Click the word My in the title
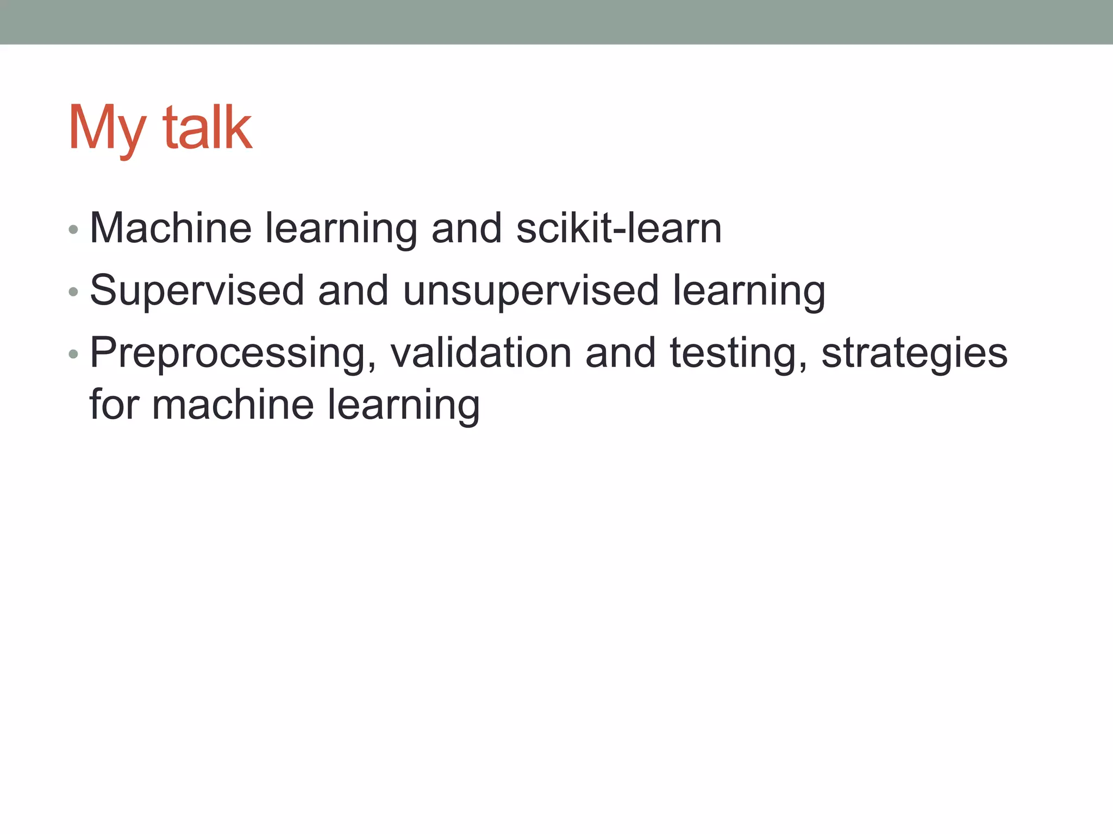point(107,129)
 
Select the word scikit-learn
point(618,228)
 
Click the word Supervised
point(197,291)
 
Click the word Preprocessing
point(233,354)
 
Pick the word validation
point(481,353)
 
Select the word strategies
point(915,354)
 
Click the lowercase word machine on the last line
point(233,405)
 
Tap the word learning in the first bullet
point(341,229)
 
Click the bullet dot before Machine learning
point(73,230)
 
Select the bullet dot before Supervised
point(73,293)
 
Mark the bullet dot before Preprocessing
point(73,355)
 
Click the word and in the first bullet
point(466,228)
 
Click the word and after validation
point(621,353)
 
